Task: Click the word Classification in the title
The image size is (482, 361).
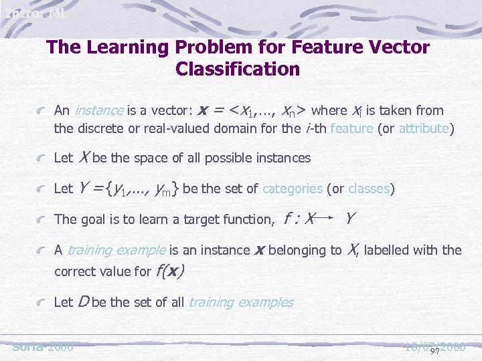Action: tap(237, 69)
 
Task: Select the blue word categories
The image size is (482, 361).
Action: tap(293, 189)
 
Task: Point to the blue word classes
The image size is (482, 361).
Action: tap(369, 189)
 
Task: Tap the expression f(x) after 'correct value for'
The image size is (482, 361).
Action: tap(170, 271)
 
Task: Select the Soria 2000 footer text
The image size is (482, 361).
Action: tap(43, 347)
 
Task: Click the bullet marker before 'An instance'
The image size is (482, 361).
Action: tap(42, 111)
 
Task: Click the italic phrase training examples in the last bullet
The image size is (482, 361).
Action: tap(240, 302)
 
